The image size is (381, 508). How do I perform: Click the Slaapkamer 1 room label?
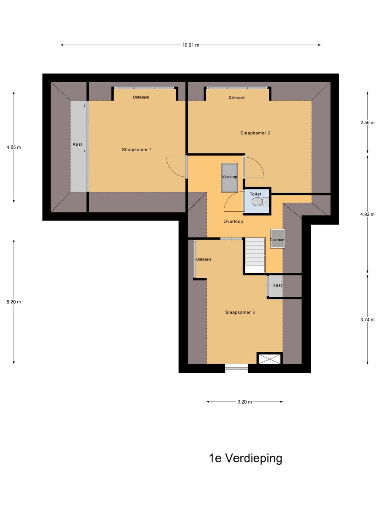pyautogui.click(x=137, y=150)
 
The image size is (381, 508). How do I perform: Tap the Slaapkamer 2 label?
pyautogui.click(x=255, y=133)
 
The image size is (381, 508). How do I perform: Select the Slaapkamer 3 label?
pyautogui.click(x=240, y=312)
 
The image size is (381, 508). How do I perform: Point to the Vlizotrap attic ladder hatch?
pyautogui.click(x=229, y=178)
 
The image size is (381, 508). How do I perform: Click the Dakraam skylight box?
pyautogui.click(x=277, y=238)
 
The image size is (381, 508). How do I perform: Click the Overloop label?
pyautogui.click(x=233, y=221)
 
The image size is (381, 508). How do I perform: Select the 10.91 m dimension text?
pyautogui.click(x=190, y=45)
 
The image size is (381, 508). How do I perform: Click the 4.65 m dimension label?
pyautogui.click(x=14, y=147)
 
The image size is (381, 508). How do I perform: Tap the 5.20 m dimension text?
pyautogui.click(x=14, y=302)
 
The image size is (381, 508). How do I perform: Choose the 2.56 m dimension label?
pyautogui.click(x=367, y=122)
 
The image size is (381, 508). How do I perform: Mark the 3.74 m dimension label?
pyautogui.click(x=367, y=320)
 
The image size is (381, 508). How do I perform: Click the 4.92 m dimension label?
pyautogui.click(x=367, y=214)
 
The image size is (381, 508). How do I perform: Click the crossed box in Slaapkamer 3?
pyautogui.click(x=270, y=359)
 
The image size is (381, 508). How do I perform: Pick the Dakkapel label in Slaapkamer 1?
pyautogui.click(x=141, y=97)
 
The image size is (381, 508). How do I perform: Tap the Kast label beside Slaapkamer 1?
pyautogui.click(x=77, y=144)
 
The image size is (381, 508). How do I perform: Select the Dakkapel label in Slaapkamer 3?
pyautogui.click(x=204, y=259)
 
